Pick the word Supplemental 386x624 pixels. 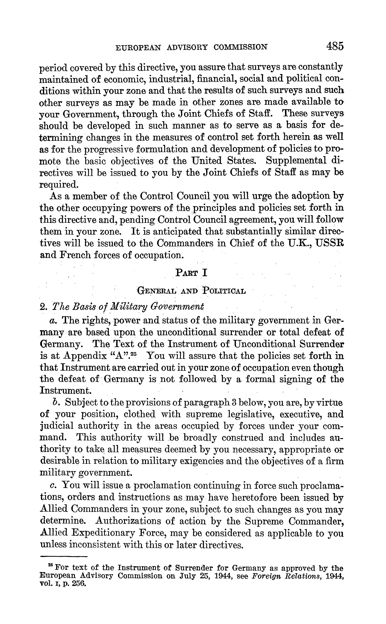296,161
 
